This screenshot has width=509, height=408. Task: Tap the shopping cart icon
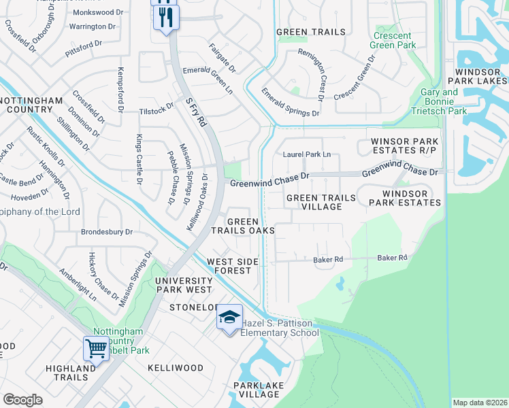(97, 349)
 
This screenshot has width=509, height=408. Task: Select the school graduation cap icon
(230, 318)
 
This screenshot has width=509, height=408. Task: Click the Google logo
(22, 400)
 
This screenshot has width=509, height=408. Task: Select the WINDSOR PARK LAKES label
(480, 76)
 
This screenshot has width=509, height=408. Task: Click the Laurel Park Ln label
(307, 155)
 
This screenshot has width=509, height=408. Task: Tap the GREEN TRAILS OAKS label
(243, 226)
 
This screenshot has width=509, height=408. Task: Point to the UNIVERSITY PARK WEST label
(184, 285)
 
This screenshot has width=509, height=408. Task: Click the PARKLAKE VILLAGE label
(258, 390)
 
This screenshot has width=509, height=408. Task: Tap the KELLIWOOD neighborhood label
(176, 368)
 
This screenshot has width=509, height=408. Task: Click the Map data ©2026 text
(479, 403)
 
